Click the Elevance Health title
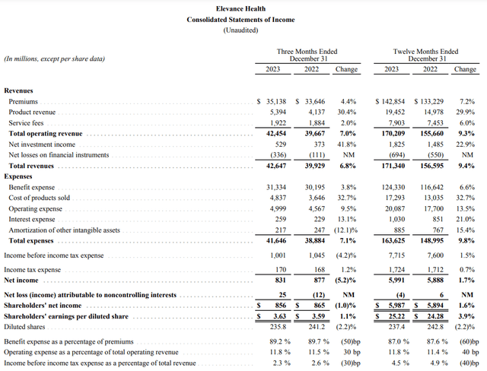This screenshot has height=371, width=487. coord(243,8)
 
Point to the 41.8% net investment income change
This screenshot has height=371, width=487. coord(347,143)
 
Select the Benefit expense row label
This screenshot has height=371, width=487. coord(33,186)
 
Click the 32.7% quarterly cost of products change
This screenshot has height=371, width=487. coord(347,197)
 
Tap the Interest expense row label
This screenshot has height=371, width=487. coord(31,218)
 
